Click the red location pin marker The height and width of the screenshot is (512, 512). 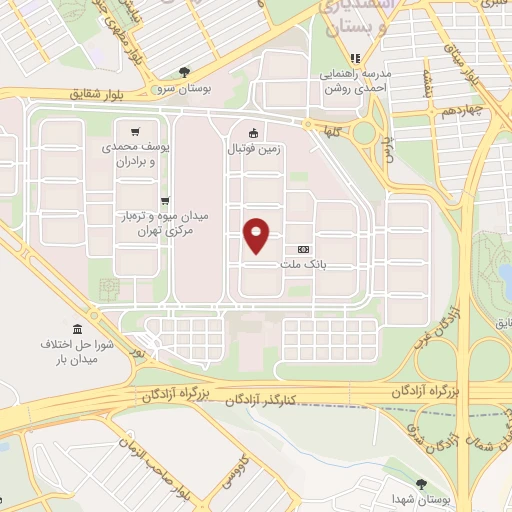[257, 235]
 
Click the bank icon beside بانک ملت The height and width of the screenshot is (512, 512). [304, 249]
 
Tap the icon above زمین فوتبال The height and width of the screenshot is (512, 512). [254, 131]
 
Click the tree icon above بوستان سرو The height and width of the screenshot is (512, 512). [184, 71]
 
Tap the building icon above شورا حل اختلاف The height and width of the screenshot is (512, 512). [77, 330]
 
